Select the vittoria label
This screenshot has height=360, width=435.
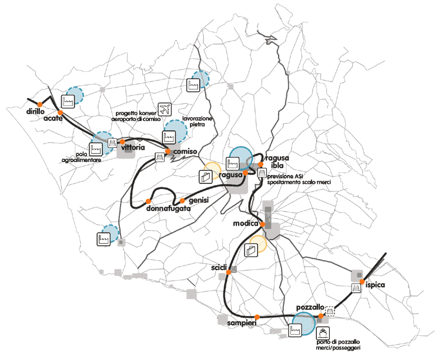132,149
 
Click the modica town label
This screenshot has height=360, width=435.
246,224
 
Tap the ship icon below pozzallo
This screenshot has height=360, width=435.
323,332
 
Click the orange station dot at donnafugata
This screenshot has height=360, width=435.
148,202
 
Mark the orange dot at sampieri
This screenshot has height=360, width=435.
257,317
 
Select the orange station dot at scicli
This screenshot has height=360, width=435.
229,271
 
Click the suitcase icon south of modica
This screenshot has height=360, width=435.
251,251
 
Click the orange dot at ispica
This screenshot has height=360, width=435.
362,282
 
